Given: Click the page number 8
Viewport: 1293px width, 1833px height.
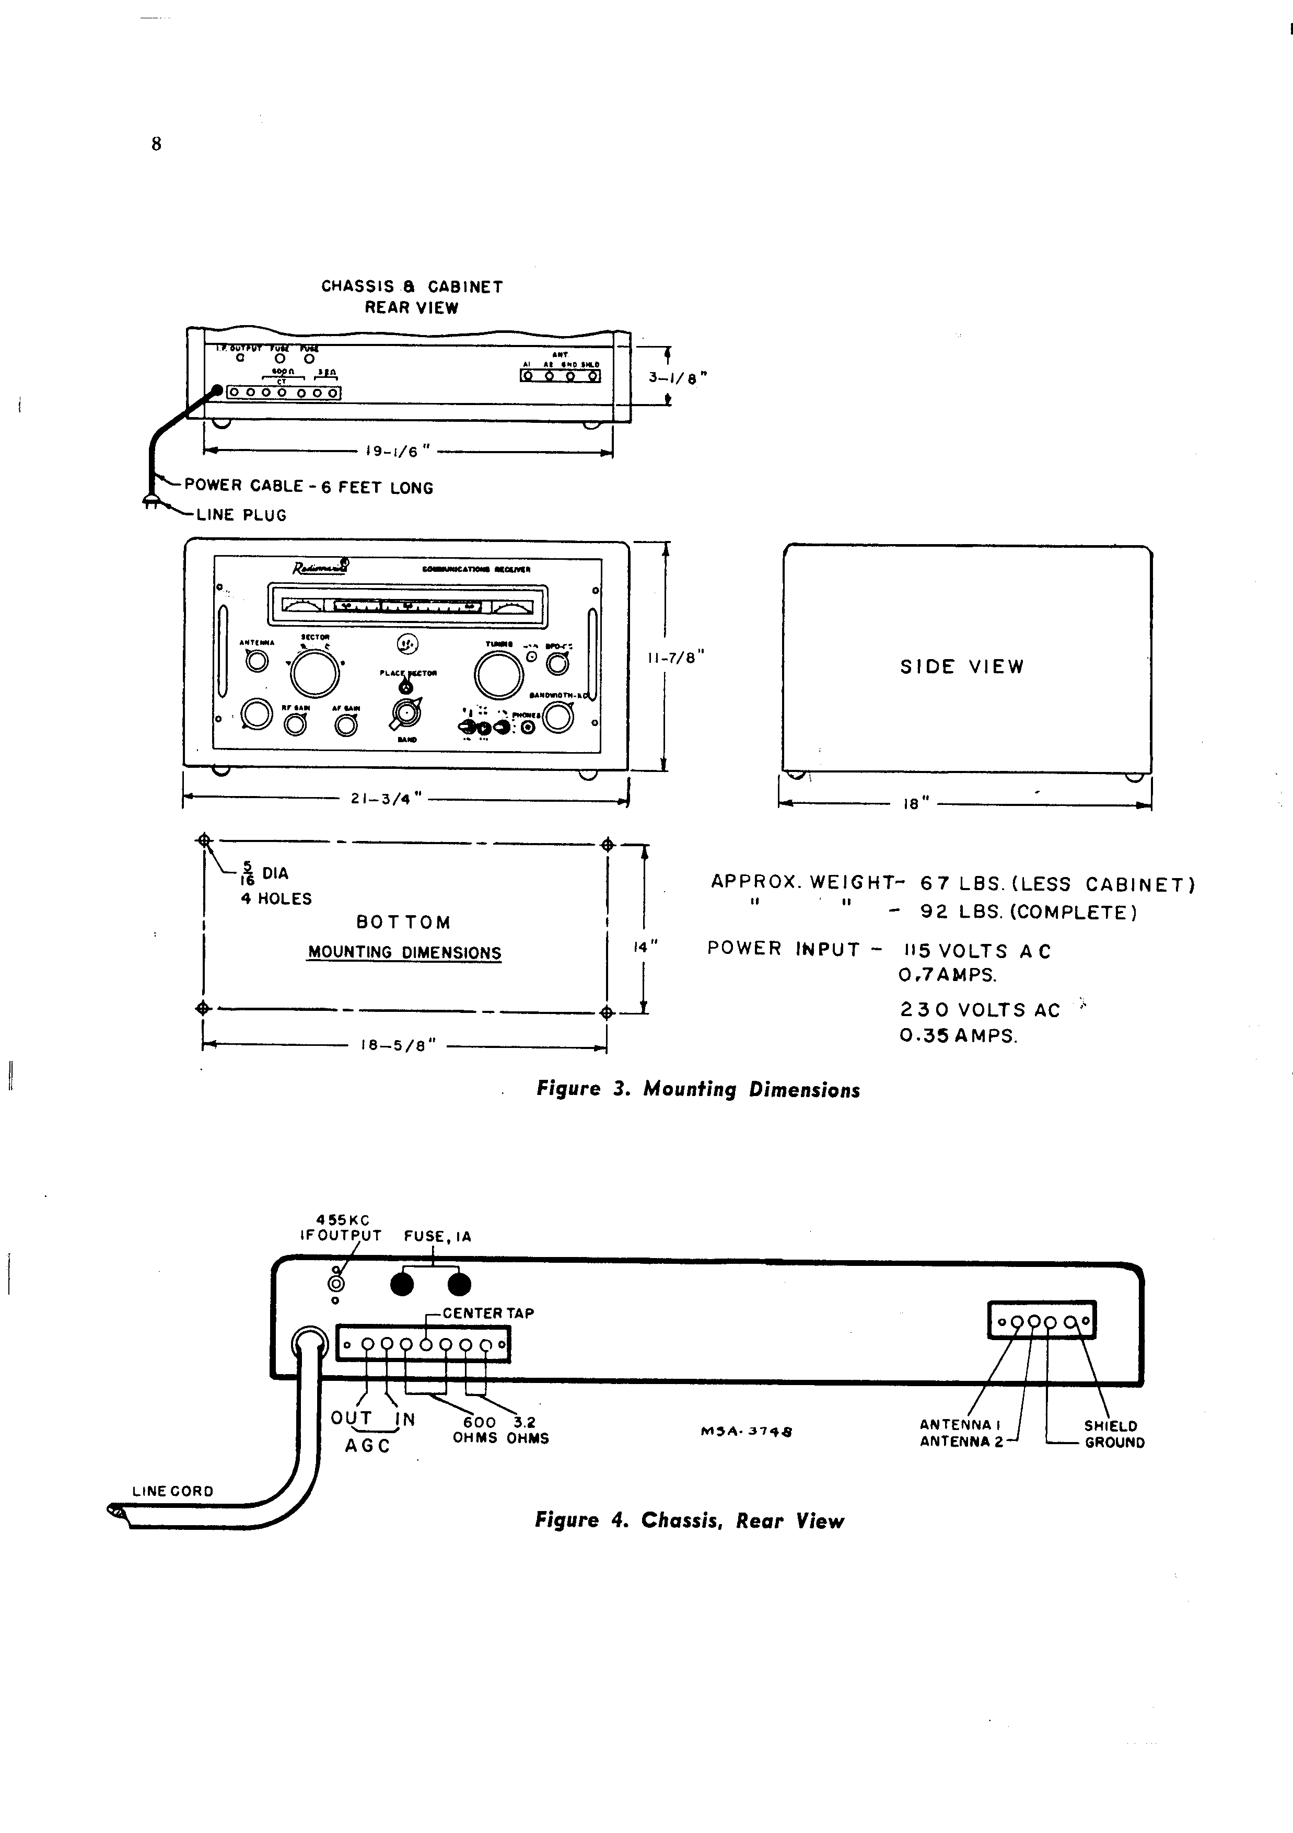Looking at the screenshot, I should (156, 144).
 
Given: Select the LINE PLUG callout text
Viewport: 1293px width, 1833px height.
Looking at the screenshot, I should (241, 515).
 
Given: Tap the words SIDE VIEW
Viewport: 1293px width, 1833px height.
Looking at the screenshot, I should (962, 666).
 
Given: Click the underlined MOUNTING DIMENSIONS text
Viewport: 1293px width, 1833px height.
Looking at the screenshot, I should (405, 953).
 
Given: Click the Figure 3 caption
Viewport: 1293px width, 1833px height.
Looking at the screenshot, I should (697, 1090).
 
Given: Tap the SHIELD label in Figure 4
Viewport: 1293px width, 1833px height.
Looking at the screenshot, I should (1110, 1426).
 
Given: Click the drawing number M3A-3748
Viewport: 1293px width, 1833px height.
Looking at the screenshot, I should (746, 1432).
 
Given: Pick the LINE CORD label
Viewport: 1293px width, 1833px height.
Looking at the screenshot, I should (172, 1491).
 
